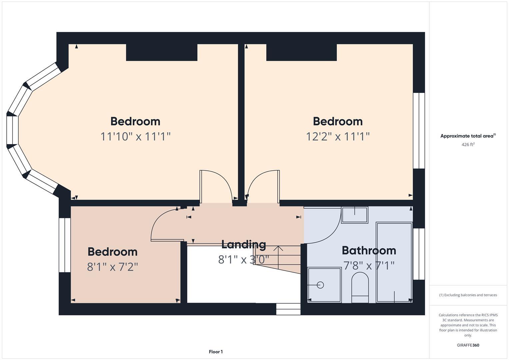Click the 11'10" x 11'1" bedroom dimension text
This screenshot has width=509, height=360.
coord(135,136)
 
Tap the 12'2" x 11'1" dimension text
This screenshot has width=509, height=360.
coord(338,136)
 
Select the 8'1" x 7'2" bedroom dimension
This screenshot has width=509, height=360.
coord(112,267)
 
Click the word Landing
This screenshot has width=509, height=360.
coord(244,244)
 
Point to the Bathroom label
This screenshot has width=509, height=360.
coord(369,250)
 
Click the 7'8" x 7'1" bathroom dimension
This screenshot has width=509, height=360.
coord(369,266)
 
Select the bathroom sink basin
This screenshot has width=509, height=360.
coord(355,215)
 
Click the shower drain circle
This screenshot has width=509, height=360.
coord(320,285)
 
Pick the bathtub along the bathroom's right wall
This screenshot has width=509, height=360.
coord(394,262)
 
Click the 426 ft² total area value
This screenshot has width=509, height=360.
coord(468,145)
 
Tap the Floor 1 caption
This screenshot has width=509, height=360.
coord(216,352)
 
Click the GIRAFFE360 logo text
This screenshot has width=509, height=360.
coord(468,345)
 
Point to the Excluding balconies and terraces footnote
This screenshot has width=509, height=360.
coord(468,295)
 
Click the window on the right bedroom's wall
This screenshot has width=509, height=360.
coord(419,131)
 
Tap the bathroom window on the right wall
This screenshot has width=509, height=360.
coord(419,254)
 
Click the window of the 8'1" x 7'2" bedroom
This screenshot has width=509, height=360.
coord(65,245)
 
